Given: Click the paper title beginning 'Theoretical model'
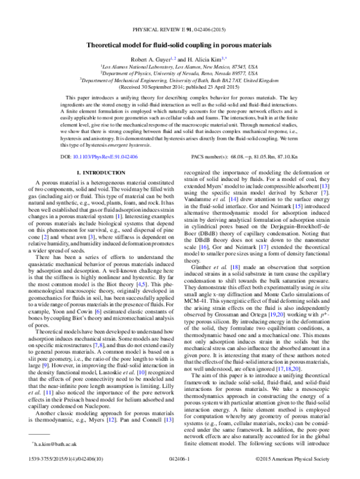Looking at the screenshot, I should [x=180, y=44].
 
